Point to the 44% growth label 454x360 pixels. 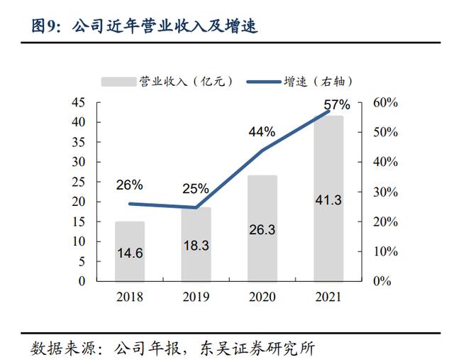(262, 132)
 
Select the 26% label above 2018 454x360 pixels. (129, 185)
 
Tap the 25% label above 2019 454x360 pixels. (195, 189)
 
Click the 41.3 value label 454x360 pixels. (328, 200)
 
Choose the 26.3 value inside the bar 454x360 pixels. (262, 230)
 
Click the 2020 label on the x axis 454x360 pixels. (262, 295)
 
